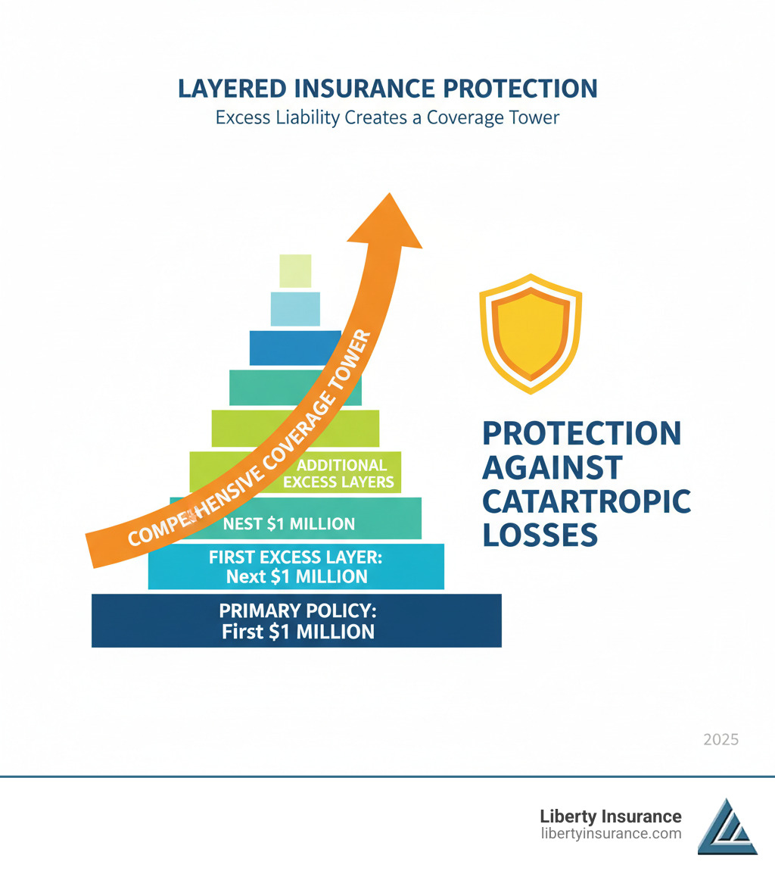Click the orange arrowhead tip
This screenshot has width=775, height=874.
click(390, 193)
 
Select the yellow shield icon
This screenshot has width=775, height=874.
click(531, 334)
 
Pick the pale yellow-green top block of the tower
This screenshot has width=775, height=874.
click(295, 271)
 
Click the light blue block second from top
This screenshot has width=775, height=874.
click(295, 309)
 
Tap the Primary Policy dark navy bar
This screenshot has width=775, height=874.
click(297, 620)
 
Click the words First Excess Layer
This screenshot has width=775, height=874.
click(295, 557)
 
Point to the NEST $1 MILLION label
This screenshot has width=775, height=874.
click(288, 524)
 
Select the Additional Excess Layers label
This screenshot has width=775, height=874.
click(339, 473)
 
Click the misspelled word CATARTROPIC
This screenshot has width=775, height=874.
click(586, 501)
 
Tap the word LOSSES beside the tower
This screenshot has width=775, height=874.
click(540, 535)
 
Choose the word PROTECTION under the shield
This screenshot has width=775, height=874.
click(582, 433)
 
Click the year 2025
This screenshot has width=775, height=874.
click(721, 740)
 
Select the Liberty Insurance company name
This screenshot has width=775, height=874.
click(611, 816)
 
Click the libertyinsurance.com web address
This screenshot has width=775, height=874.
click(612, 834)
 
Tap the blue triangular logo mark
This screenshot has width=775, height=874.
click(727, 826)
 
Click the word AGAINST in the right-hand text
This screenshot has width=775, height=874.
click(552, 467)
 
